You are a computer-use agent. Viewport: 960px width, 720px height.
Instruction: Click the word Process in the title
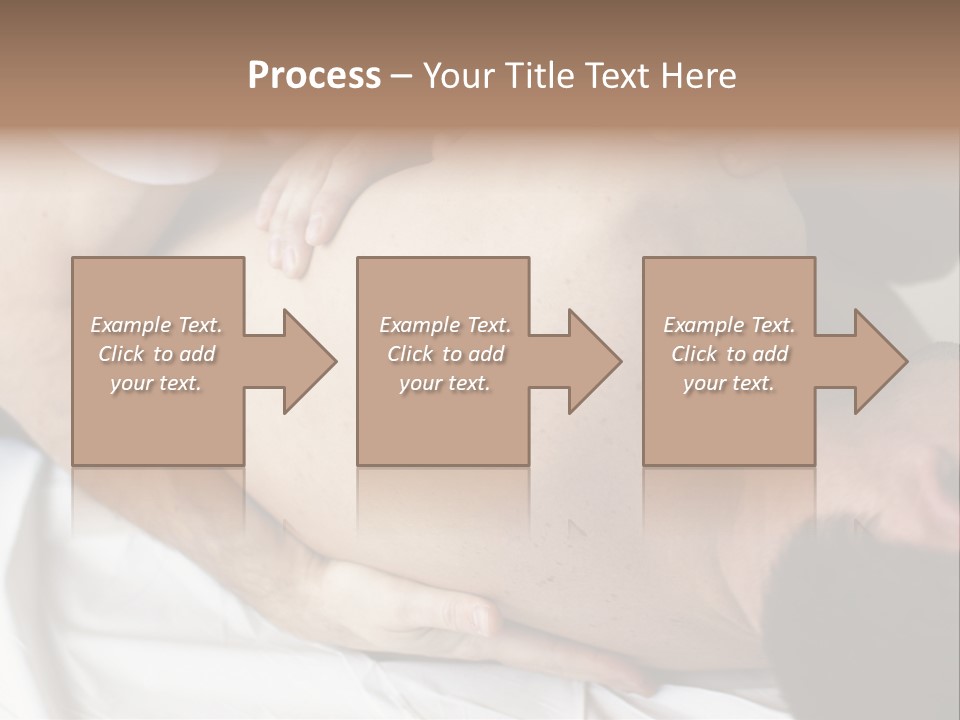pyautogui.click(x=314, y=75)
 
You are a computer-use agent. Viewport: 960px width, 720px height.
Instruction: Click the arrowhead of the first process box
pyautogui.click(x=304, y=361)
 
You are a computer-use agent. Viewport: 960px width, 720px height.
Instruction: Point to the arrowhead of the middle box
pyautogui.click(x=589, y=361)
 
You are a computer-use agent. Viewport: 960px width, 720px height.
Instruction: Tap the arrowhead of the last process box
pyautogui.click(x=875, y=361)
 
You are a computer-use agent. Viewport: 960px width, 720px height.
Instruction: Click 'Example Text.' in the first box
pyautogui.click(x=156, y=325)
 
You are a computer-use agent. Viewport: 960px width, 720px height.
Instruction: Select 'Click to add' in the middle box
pyautogui.click(x=445, y=354)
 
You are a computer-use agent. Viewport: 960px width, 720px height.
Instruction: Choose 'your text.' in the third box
pyautogui.click(x=729, y=383)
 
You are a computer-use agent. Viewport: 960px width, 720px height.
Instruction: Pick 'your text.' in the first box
pyautogui.click(x=156, y=383)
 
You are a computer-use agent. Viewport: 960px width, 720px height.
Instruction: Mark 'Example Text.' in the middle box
pyautogui.click(x=445, y=325)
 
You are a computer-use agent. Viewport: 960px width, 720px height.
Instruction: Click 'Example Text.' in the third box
pyautogui.click(x=729, y=325)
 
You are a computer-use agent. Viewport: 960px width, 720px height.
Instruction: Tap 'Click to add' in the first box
pyautogui.click(x=156, y=354)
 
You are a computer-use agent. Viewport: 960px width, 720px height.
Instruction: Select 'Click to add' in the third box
pyautogui.click(x=729, y=354)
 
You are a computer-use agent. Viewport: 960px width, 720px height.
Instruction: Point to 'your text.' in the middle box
pyautogui.click(x=445, y=383)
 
